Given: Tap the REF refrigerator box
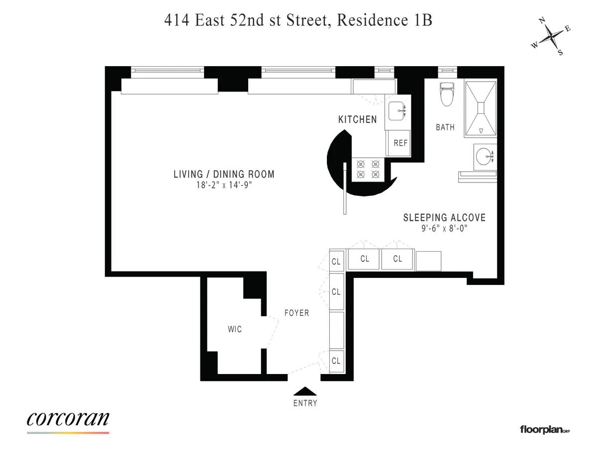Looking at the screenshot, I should pos(400,143).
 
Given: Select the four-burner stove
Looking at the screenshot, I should pos(368,169).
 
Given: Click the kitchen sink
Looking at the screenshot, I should pos(397,111).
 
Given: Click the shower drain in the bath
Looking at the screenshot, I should pos(481,108).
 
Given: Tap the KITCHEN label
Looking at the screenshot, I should pos(357,119).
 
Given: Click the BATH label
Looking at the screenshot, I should pos(445,127).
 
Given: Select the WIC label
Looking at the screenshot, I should pos(235,329).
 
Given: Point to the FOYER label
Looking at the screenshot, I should pos(297,313).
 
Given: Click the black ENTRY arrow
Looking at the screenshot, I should pos(304,391).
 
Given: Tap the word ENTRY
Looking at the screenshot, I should pos(305,403).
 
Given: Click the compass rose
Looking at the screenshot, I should pos(551,37).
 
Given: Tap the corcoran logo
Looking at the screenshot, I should pos(68,419).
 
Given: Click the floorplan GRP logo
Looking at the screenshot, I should pos(544,429).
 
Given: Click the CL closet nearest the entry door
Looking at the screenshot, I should pos(336,361).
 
